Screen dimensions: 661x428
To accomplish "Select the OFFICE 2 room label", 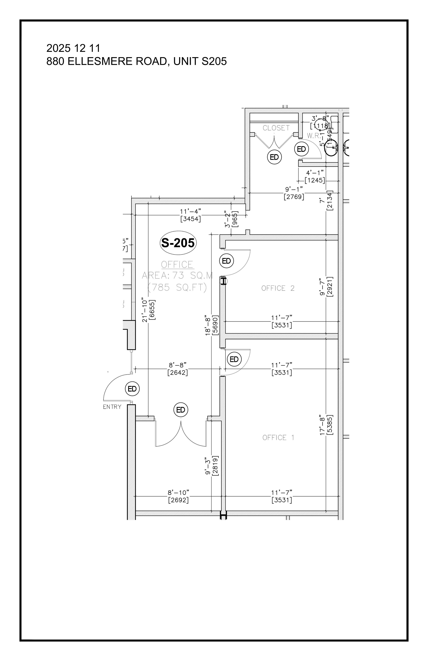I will point(278,288).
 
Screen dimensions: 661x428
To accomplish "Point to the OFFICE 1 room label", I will point(278,438).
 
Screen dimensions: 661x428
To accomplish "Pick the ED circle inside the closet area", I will point(274,157).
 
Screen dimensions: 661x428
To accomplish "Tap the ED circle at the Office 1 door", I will point(234,359).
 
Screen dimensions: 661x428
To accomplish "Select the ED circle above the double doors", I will point(181,410).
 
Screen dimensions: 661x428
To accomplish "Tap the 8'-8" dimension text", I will point(178,365).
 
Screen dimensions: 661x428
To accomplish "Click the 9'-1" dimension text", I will point(294,189).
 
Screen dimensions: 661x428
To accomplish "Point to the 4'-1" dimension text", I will point(315,173).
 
